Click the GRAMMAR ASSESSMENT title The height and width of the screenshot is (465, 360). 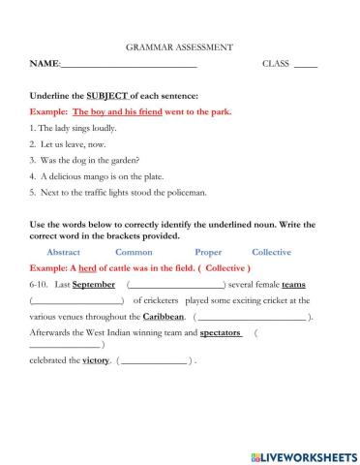click(x=179, y=46)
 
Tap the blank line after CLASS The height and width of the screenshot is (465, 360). click(x=305, y=64)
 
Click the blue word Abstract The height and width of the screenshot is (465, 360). click(x=64, y=252)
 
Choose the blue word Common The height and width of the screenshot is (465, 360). click(x=134, y=252)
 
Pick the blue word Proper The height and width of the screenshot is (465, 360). click(x=207, y=252)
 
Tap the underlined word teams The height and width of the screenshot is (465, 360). click(x=294, y=284)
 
